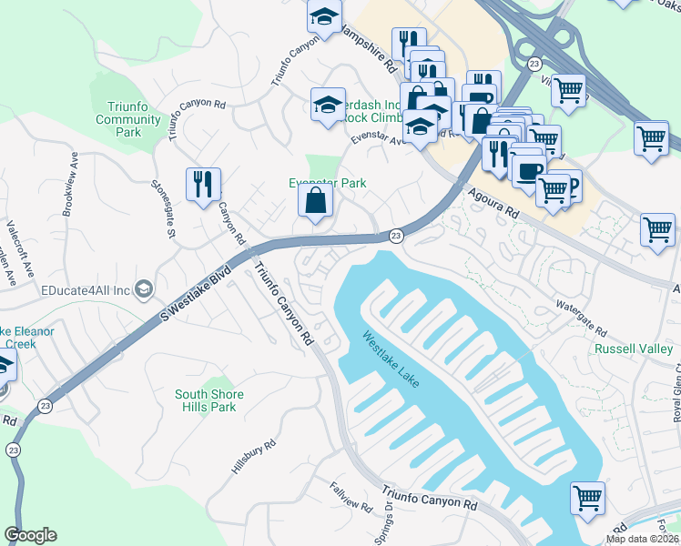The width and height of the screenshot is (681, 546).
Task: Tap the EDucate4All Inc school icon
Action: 143,290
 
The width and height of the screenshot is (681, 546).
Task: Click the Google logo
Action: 30,534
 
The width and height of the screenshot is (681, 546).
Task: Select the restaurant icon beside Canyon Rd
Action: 203,184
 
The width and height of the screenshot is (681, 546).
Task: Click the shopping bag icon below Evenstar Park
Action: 314,202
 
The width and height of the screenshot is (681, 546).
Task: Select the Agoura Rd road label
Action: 495,203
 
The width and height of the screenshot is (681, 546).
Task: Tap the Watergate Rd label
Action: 581,316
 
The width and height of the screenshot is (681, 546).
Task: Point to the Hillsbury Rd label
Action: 253,459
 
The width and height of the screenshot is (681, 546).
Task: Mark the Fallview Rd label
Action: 347,496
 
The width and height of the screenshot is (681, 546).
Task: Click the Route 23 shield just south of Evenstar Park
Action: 396,236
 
